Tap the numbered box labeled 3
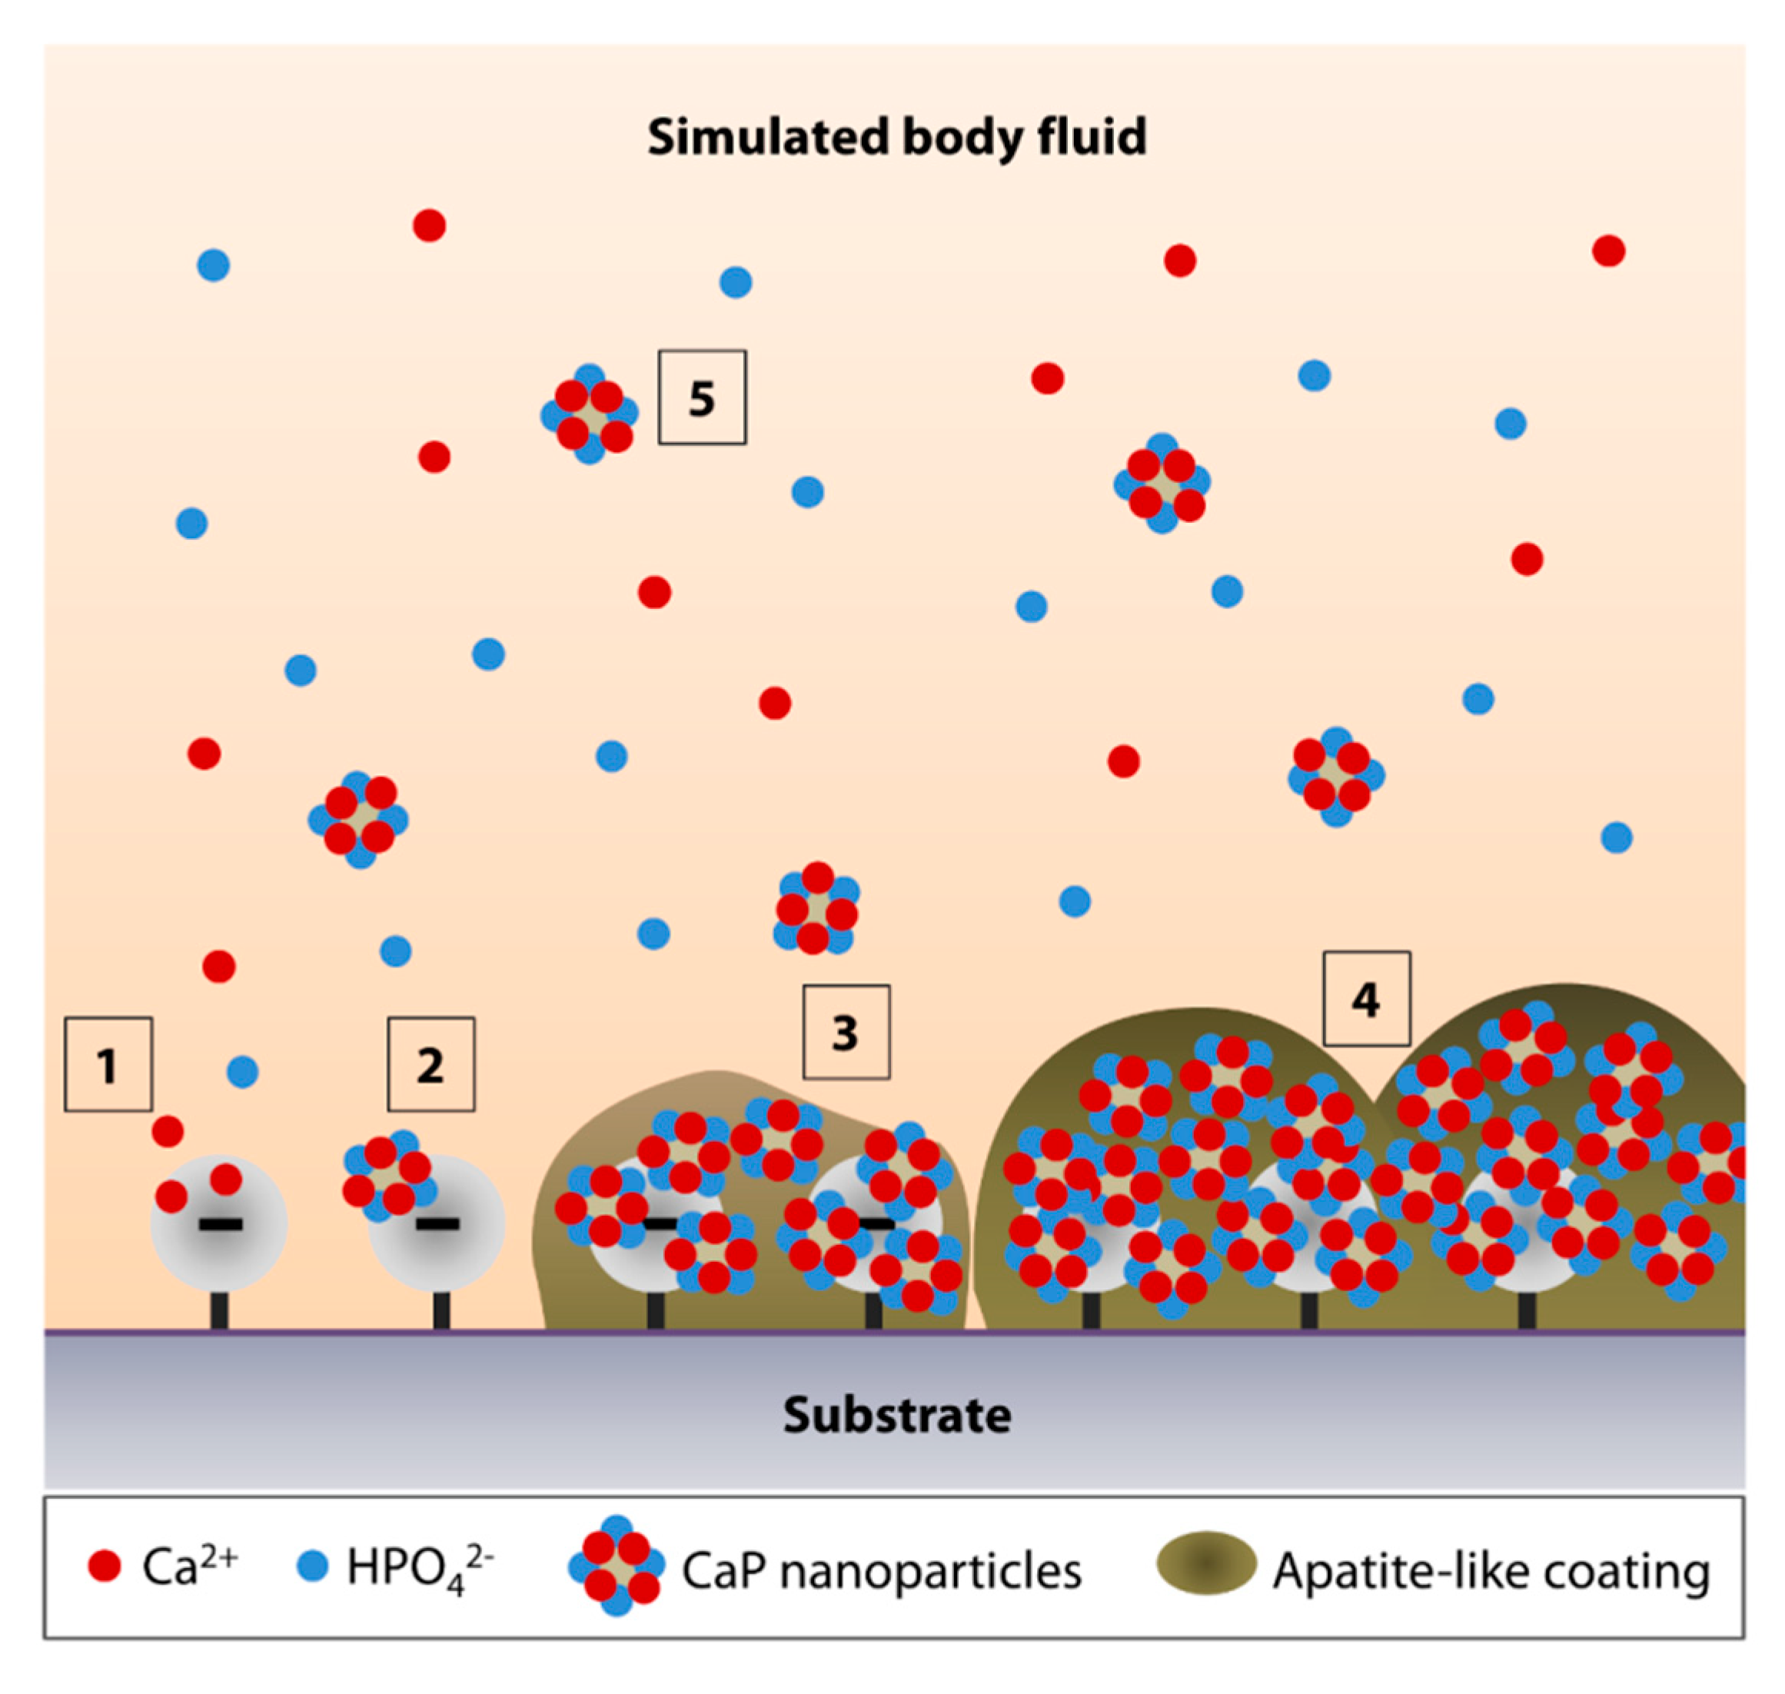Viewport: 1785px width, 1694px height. click(846, 1031)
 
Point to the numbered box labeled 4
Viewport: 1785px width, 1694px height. click(1365, 998)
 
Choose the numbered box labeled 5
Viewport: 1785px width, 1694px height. click(702, 398)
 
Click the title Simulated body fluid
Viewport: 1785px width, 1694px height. click(896, 137)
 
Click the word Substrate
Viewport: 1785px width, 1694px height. click(896, 1415)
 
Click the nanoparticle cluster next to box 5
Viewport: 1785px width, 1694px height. click(590, 414)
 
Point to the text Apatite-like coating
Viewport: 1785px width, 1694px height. click(1490, 1571)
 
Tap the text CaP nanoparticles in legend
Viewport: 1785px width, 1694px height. click(880, 1571)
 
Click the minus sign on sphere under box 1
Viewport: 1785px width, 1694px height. click(221, 1226)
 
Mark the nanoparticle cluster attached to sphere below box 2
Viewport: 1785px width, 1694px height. click(388, 1174)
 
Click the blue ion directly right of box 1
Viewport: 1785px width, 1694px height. click(242, 1072)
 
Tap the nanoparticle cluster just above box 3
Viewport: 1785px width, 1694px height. click(816, 908)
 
